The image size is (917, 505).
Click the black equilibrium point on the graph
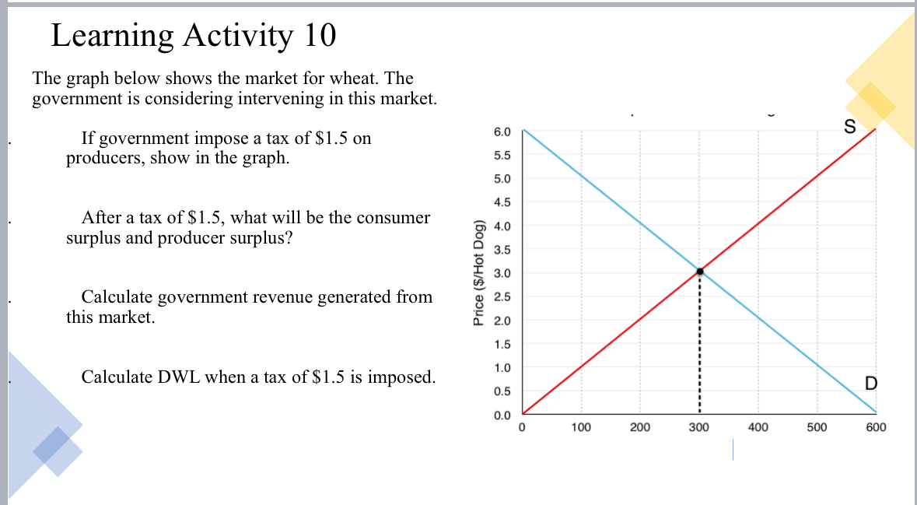699,272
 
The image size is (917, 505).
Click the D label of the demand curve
870,383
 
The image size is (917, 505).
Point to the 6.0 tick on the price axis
502,132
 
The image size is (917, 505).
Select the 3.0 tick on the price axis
502,273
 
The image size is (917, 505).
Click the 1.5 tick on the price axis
502,344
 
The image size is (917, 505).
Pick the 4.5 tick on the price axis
502,202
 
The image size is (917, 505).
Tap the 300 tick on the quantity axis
698,427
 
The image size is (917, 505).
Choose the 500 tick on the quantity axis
817,427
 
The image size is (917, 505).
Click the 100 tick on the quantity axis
580,427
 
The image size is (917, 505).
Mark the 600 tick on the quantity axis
876,427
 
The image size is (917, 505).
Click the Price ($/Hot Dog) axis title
479,272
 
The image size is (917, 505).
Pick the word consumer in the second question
394,218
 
